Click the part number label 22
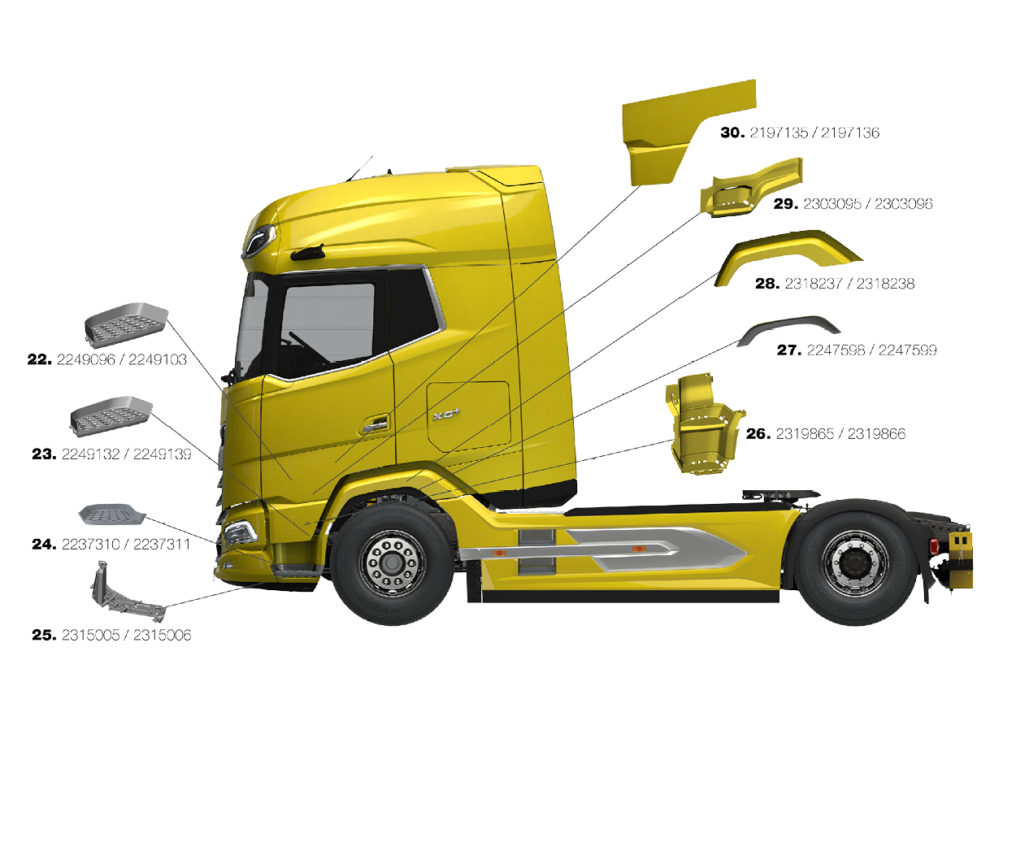pos(40,359)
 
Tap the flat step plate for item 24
pos(112,514)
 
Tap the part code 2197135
pos(779,132)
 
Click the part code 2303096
pos(903,203)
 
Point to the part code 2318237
pos(813,284)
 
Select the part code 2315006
pos(162,635)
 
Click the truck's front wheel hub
pos(393,562)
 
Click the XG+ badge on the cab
pos(446,415)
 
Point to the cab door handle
pos(376,424)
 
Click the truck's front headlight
pos(241,532)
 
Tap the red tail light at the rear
pos(934,545)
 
